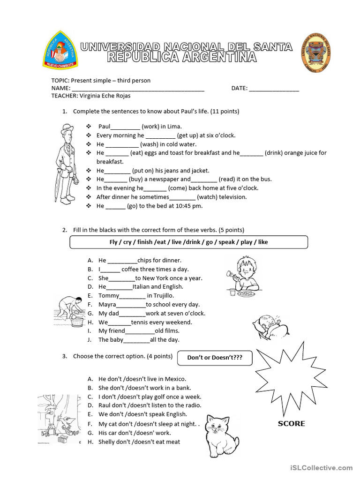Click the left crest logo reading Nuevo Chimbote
(60, 50)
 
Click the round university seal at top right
(315, 53)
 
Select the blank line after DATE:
(274, 88)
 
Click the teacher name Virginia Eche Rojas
(105, 96)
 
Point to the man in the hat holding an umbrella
(66, 162)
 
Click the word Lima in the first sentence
(173, 127)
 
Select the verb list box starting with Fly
(188, 242)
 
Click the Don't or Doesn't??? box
(215, 358)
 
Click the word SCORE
(291, 424)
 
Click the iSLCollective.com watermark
(321, 467)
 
